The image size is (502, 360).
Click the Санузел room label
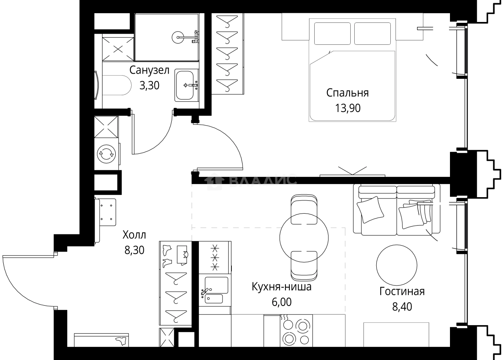click(149, 70)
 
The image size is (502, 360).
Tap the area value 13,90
click(347, 108)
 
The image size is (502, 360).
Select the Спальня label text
click(347, 93)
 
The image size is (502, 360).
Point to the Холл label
click(134, 235)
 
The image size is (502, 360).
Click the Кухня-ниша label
click(281, 287)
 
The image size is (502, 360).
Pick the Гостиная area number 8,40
click(402, 307)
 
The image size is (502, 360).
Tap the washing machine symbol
click(106, 154)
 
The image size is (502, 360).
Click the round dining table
click(304, 238)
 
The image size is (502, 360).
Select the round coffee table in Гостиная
click(397, 265)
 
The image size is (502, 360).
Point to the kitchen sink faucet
click(205, 292)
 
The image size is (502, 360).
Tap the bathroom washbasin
click(185, 85)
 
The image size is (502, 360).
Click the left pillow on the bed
click(332, 34)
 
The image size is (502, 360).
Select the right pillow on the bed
click(372, 34)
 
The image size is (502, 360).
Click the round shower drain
click(178, 37)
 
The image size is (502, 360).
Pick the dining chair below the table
click(304, 266)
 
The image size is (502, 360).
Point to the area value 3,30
click(149, 85)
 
